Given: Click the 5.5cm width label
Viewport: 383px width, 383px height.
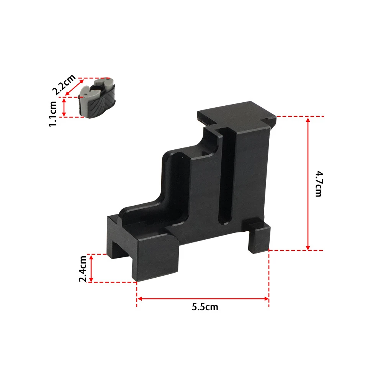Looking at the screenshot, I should tap(205, 307).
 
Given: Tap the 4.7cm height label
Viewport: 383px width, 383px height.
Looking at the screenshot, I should tap(318, 183).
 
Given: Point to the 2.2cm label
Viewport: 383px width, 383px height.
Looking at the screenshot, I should tap(64, 84).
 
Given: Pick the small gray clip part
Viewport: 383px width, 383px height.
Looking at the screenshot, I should tap(97, 98).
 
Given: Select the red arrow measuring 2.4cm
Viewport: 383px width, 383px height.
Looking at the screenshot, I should tap(91, 268).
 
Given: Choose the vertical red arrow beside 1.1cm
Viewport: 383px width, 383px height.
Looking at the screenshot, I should tap(64, 107).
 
